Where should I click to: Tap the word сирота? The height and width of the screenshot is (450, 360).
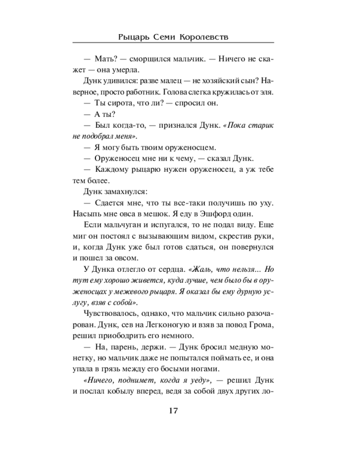[x=118, y=103]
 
